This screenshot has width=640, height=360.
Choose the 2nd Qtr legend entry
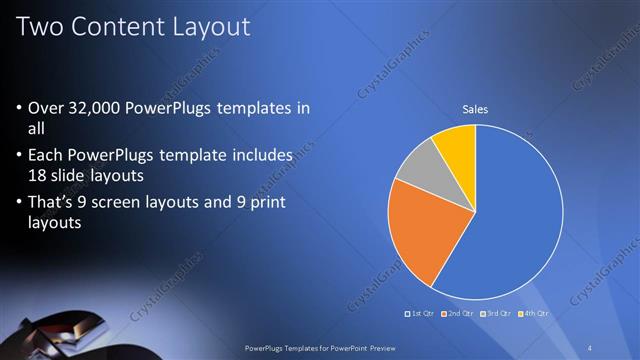(459, 313)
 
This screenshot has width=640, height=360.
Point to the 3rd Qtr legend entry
(497, 313)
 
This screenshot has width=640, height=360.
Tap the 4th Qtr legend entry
(535, 313)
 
